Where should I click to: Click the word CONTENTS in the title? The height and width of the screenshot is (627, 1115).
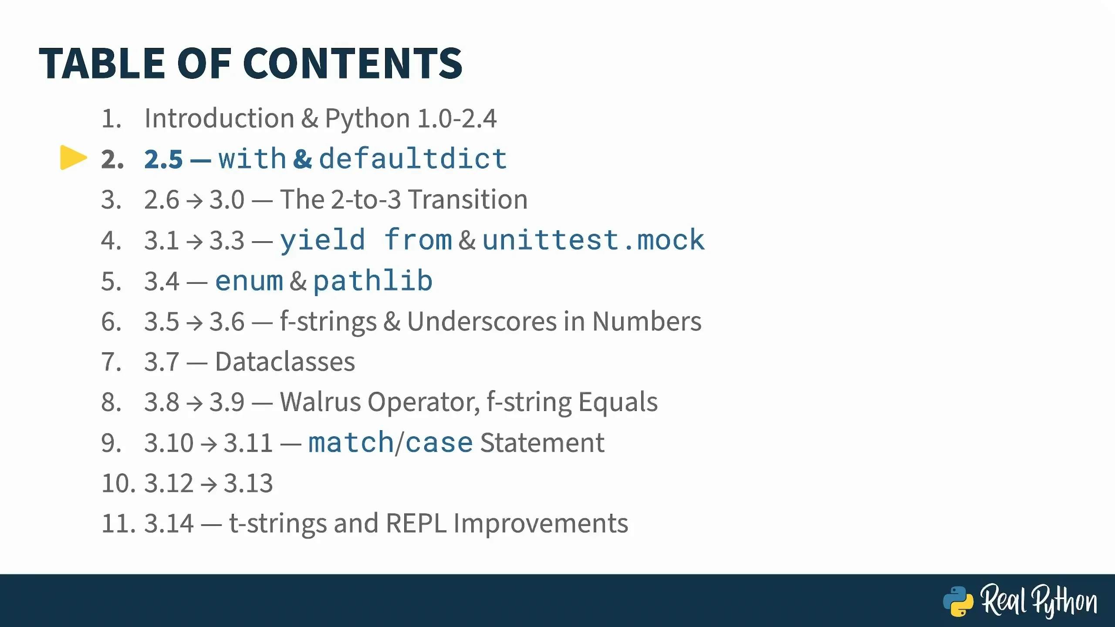353,64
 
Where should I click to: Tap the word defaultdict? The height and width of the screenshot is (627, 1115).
413,158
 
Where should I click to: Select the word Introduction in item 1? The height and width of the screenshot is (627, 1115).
220,118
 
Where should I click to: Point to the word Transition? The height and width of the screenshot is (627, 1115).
468,199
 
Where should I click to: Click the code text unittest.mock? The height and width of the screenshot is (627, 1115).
594,240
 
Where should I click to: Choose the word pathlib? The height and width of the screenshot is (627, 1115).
373,280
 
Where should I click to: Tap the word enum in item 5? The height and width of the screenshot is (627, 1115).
249,281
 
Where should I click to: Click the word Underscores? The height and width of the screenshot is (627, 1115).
482,321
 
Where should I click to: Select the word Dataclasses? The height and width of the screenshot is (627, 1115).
285,361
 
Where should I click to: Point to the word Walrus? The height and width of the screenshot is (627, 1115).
321,402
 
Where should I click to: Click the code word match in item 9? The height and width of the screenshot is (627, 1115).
351,442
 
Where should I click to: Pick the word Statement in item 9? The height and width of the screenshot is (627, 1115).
542,442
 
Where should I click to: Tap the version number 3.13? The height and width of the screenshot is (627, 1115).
248,483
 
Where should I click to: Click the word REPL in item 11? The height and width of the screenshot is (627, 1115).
416,523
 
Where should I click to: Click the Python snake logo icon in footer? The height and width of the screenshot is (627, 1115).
958,601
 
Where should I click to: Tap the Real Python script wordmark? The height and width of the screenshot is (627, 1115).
1039,601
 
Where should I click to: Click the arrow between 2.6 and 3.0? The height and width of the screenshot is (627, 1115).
194,200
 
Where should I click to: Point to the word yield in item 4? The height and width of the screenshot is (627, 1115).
322,241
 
